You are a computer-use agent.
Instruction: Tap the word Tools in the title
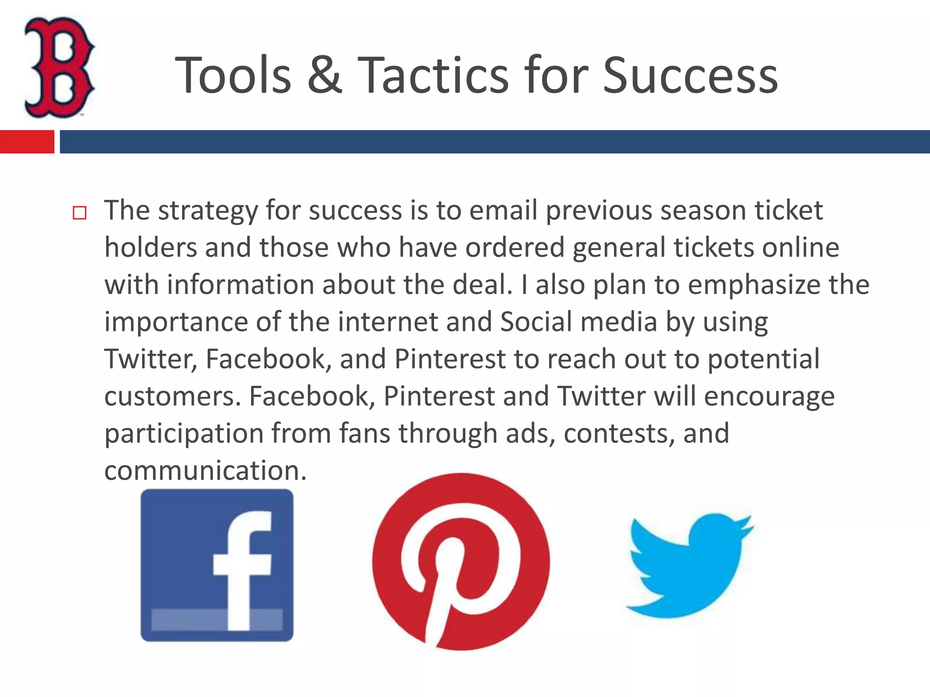tap(233, 75)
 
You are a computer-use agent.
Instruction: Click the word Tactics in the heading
tap(433, 75)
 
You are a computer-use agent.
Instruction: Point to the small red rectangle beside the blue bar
tap(27, 142)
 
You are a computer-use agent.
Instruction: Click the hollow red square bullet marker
tap(79, 213)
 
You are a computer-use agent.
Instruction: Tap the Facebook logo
tap(217, 565)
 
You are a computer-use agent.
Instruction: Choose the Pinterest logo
tap(460, 562)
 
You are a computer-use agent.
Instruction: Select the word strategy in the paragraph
tap(208, 211)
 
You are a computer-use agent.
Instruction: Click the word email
tap(503, 211)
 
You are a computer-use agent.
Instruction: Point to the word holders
tap(151, 248)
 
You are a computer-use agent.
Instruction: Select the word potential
tap(764, 359)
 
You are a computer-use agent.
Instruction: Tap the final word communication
tap(206, 471)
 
